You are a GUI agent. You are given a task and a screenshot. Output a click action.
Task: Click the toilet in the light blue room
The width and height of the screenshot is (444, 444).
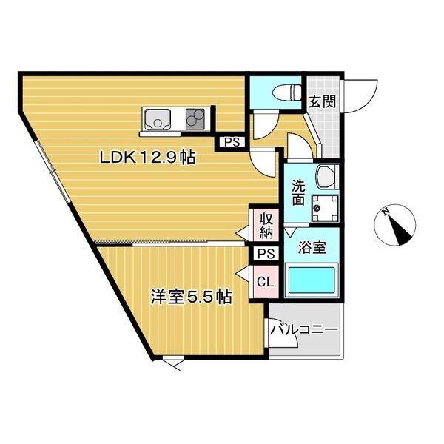click(286, 92)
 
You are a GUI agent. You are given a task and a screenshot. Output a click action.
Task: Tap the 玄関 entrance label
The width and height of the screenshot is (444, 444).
click(322, 101)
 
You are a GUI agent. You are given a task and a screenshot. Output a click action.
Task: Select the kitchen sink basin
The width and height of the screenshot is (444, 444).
click(158, 119)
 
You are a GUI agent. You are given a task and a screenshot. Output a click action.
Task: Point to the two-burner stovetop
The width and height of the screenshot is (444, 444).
click(195, 119)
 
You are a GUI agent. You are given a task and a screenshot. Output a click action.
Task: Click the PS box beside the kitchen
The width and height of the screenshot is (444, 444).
click(232, 141)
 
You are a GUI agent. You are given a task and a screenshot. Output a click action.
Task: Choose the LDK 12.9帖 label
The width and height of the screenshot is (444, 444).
click(147, 158)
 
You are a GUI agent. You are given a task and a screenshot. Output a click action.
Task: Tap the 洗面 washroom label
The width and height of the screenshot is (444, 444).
click(298, 192)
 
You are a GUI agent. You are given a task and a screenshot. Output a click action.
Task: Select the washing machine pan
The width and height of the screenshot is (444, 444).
click(325, 207)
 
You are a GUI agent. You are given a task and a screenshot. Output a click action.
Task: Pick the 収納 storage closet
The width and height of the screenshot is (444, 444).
click(266, 226)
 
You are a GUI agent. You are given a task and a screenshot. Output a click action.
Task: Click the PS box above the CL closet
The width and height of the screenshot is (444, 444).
click(266, 254)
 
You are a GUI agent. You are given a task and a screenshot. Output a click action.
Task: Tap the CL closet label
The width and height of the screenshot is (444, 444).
click(266, 281)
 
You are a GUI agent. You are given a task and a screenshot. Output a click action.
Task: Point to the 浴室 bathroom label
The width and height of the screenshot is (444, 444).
click(312, 248)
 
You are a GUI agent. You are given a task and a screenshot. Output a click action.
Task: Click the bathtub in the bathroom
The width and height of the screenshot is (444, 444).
click(312, 280)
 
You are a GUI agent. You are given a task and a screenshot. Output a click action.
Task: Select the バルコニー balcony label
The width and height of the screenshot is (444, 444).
click(305, 329)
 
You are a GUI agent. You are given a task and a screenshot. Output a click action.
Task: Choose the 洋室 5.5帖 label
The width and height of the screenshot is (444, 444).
click(192, 297)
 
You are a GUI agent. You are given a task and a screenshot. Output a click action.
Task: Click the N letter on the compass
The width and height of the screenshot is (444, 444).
click(385, 212)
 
